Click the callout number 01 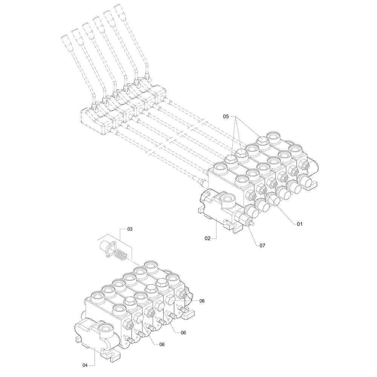299,224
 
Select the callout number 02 207,238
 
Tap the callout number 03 130,229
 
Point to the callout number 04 85,372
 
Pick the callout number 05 226,116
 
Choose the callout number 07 262,245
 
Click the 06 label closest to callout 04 162,345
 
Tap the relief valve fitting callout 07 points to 242,218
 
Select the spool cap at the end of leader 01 273,198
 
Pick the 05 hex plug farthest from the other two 262,140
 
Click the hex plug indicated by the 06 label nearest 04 138,317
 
